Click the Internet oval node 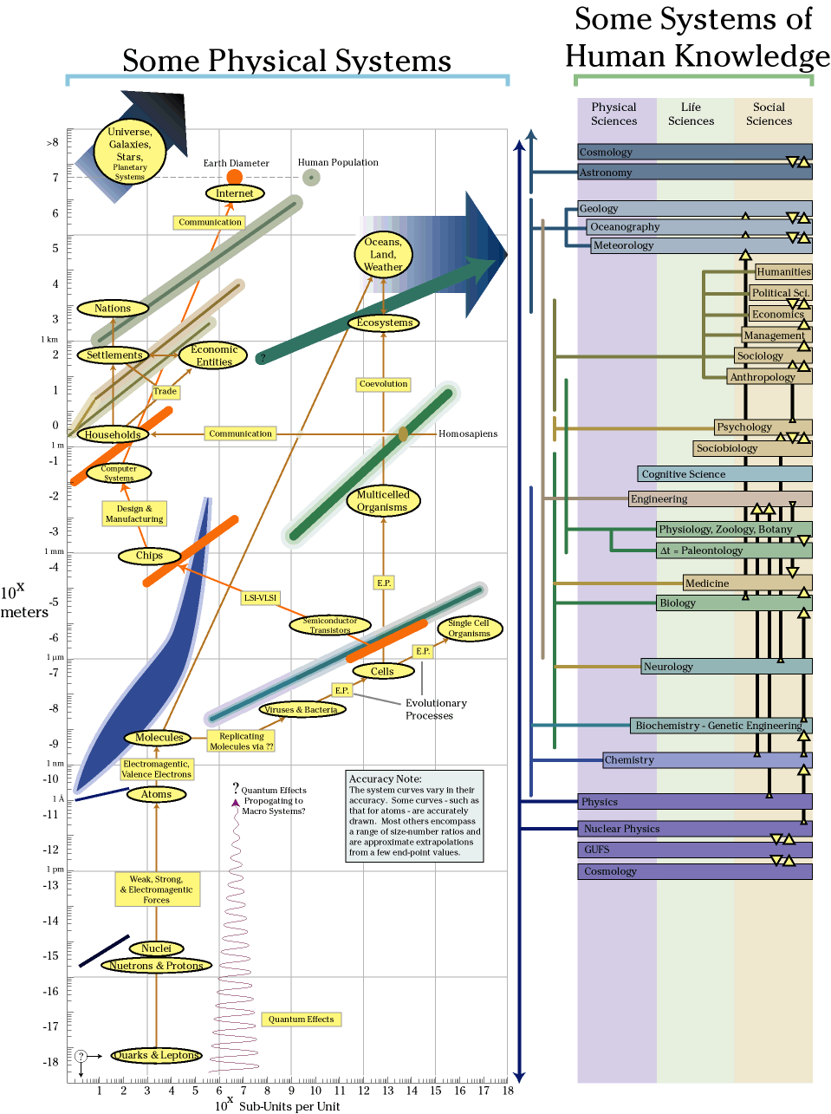tap(235, 193)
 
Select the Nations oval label tap(113, 308)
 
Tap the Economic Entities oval tap(214, 355)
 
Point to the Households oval tap(113, 434)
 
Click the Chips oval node tap(149, 556)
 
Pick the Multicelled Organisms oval tap(382, 500)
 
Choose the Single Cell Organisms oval tap(469, 629)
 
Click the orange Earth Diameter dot tap(234, 178)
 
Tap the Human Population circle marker tap(311, 178)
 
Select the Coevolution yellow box tap(383, 384)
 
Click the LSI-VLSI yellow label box tap(260, 597)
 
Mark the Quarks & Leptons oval tap(156, 1055)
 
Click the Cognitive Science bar tap(724, 474)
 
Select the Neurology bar tap(726, 667)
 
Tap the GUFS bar tap(695, 850)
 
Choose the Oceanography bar tap(698, 227)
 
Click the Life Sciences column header tap(691, 114)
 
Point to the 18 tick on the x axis tap(508, 1091)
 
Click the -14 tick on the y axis tap(53, 921)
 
